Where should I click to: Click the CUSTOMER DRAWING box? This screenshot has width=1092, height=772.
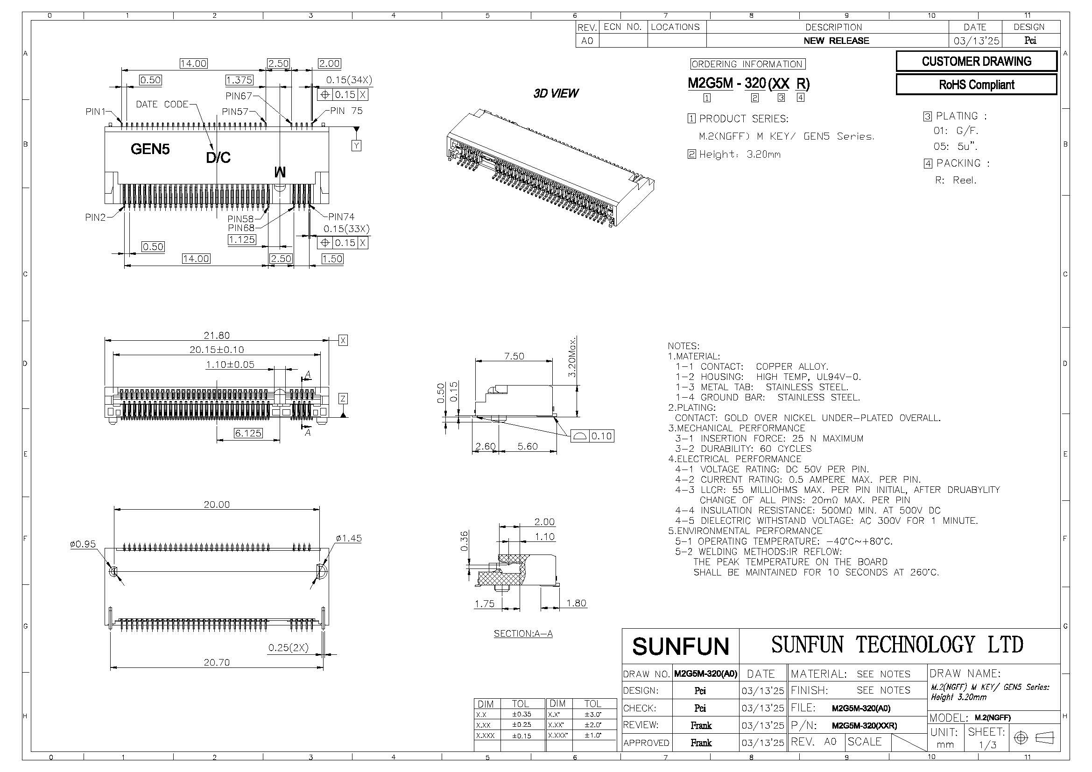pyautogui.click(x=976, y=61)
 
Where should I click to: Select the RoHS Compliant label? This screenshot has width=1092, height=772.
pyautogui.click(x=976, y=84)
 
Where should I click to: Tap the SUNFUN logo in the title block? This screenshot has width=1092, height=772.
pyautogui.click(x=681, y=646)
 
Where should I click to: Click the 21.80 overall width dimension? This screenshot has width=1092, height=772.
pyautogui.click(x=217, y=335)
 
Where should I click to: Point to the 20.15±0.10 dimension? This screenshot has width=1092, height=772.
pyautogui.click(x=217, y=350)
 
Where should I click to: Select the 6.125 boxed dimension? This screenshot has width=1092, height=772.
pyautogui.click(x=248, y=433)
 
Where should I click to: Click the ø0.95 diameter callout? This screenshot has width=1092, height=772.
pyautogui.click(x=83, y=544)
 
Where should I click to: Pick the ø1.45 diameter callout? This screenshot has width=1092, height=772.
pyautogui.click(x=349, y=538)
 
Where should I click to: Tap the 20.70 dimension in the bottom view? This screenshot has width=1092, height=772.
pyautogui.click(x=217, y=662)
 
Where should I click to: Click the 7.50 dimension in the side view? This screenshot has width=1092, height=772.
pyautogui.click(x=514, y=356)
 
